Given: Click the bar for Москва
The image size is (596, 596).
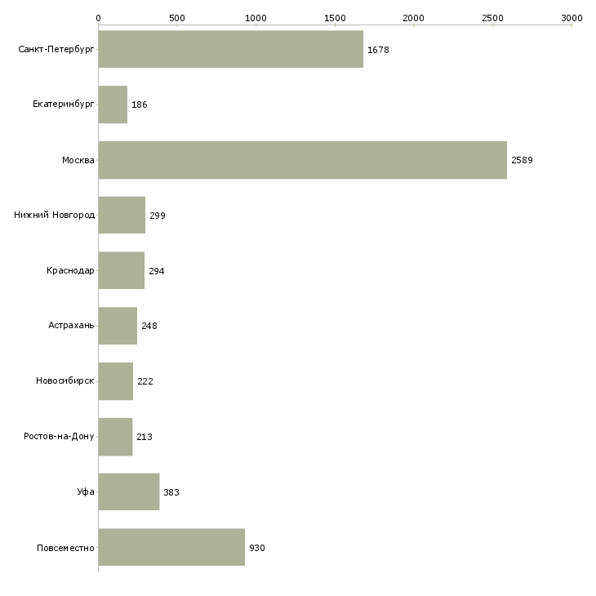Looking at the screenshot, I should pyautogui.click(x=302, y=160).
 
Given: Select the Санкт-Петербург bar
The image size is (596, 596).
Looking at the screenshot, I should pyautogui.click(x=230, y=49).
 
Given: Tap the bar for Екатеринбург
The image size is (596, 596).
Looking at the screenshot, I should pyautogui.click(x=113, y=105).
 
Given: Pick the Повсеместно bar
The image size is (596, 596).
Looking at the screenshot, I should pyautogui.click(x=171, y=547).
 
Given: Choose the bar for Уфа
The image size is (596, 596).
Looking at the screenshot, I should pyautogui.click(x=128, y=491).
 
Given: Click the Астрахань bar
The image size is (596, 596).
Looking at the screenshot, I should pyautogui.click(x=118, y=326).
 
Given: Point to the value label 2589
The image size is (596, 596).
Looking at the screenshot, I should pyautogui.click(x=522, y=160).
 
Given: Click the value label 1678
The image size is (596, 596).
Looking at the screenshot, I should pyautogui.click(x=378, y=50).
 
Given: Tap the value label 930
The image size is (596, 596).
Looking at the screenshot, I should pyautogui.click(x=257, y=548).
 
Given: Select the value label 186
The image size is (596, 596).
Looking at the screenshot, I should pyautogui.click(x=140, y=105).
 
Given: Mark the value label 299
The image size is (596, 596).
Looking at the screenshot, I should pyautogui.click(x=158, y=216).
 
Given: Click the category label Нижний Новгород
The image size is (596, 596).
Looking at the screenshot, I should pyautogui.click(x=54, y=216).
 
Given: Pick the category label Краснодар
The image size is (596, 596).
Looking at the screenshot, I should pyautogui.click(x=70, y=271).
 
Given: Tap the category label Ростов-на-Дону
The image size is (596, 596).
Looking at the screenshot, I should pyautogui.click(x=60, y=437).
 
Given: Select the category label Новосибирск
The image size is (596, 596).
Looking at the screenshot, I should pyautogui.click(x=64, y=381).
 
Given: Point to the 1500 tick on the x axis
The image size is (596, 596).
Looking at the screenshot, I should pyautogui.click(x=335, y=17).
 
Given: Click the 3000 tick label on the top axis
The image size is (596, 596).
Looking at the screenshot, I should pyautogui.click(x=572, y=17).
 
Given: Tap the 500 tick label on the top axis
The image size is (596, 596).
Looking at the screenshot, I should pyautogui.click(x=177, y=17).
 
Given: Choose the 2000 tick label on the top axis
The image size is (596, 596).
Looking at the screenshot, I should pyautogui.click(x=414, y=17).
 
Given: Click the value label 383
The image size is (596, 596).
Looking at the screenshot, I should pyautogui.click(x=171, y=492).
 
